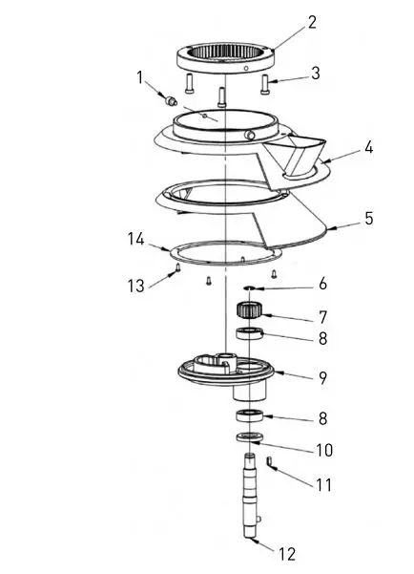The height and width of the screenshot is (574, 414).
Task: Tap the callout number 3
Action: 316,72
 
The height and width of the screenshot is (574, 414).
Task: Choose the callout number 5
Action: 368,218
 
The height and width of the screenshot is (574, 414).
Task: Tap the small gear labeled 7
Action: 250,310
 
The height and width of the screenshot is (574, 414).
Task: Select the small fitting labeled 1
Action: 172,100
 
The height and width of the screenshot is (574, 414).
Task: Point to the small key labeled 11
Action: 271,463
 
